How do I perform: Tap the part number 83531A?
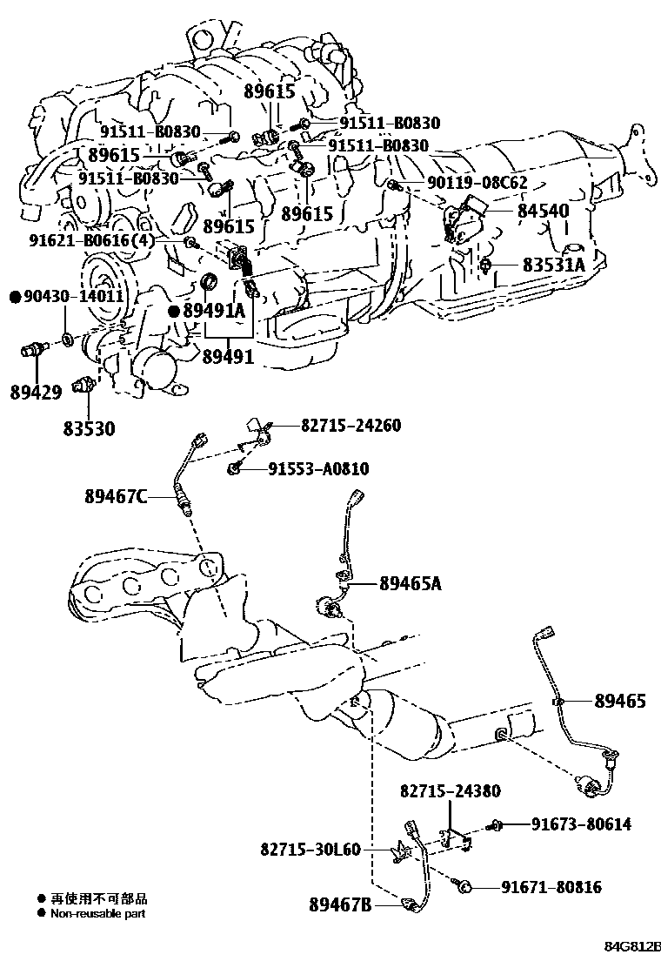click(x=554, y=265)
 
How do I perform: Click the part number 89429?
click(x=36, y=393)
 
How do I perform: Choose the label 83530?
click(x=89, y=429)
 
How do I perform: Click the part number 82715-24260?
click(x=351, y=427)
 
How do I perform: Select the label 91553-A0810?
click(x=318, y=470)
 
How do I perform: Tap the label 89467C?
click(x=115, y=498)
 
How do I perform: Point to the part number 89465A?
click(x=410, y=584)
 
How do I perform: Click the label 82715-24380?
click(x=451, y=791)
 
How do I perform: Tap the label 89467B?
click(x=341, y=906)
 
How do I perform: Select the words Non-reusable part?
click(x=98, y=914)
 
